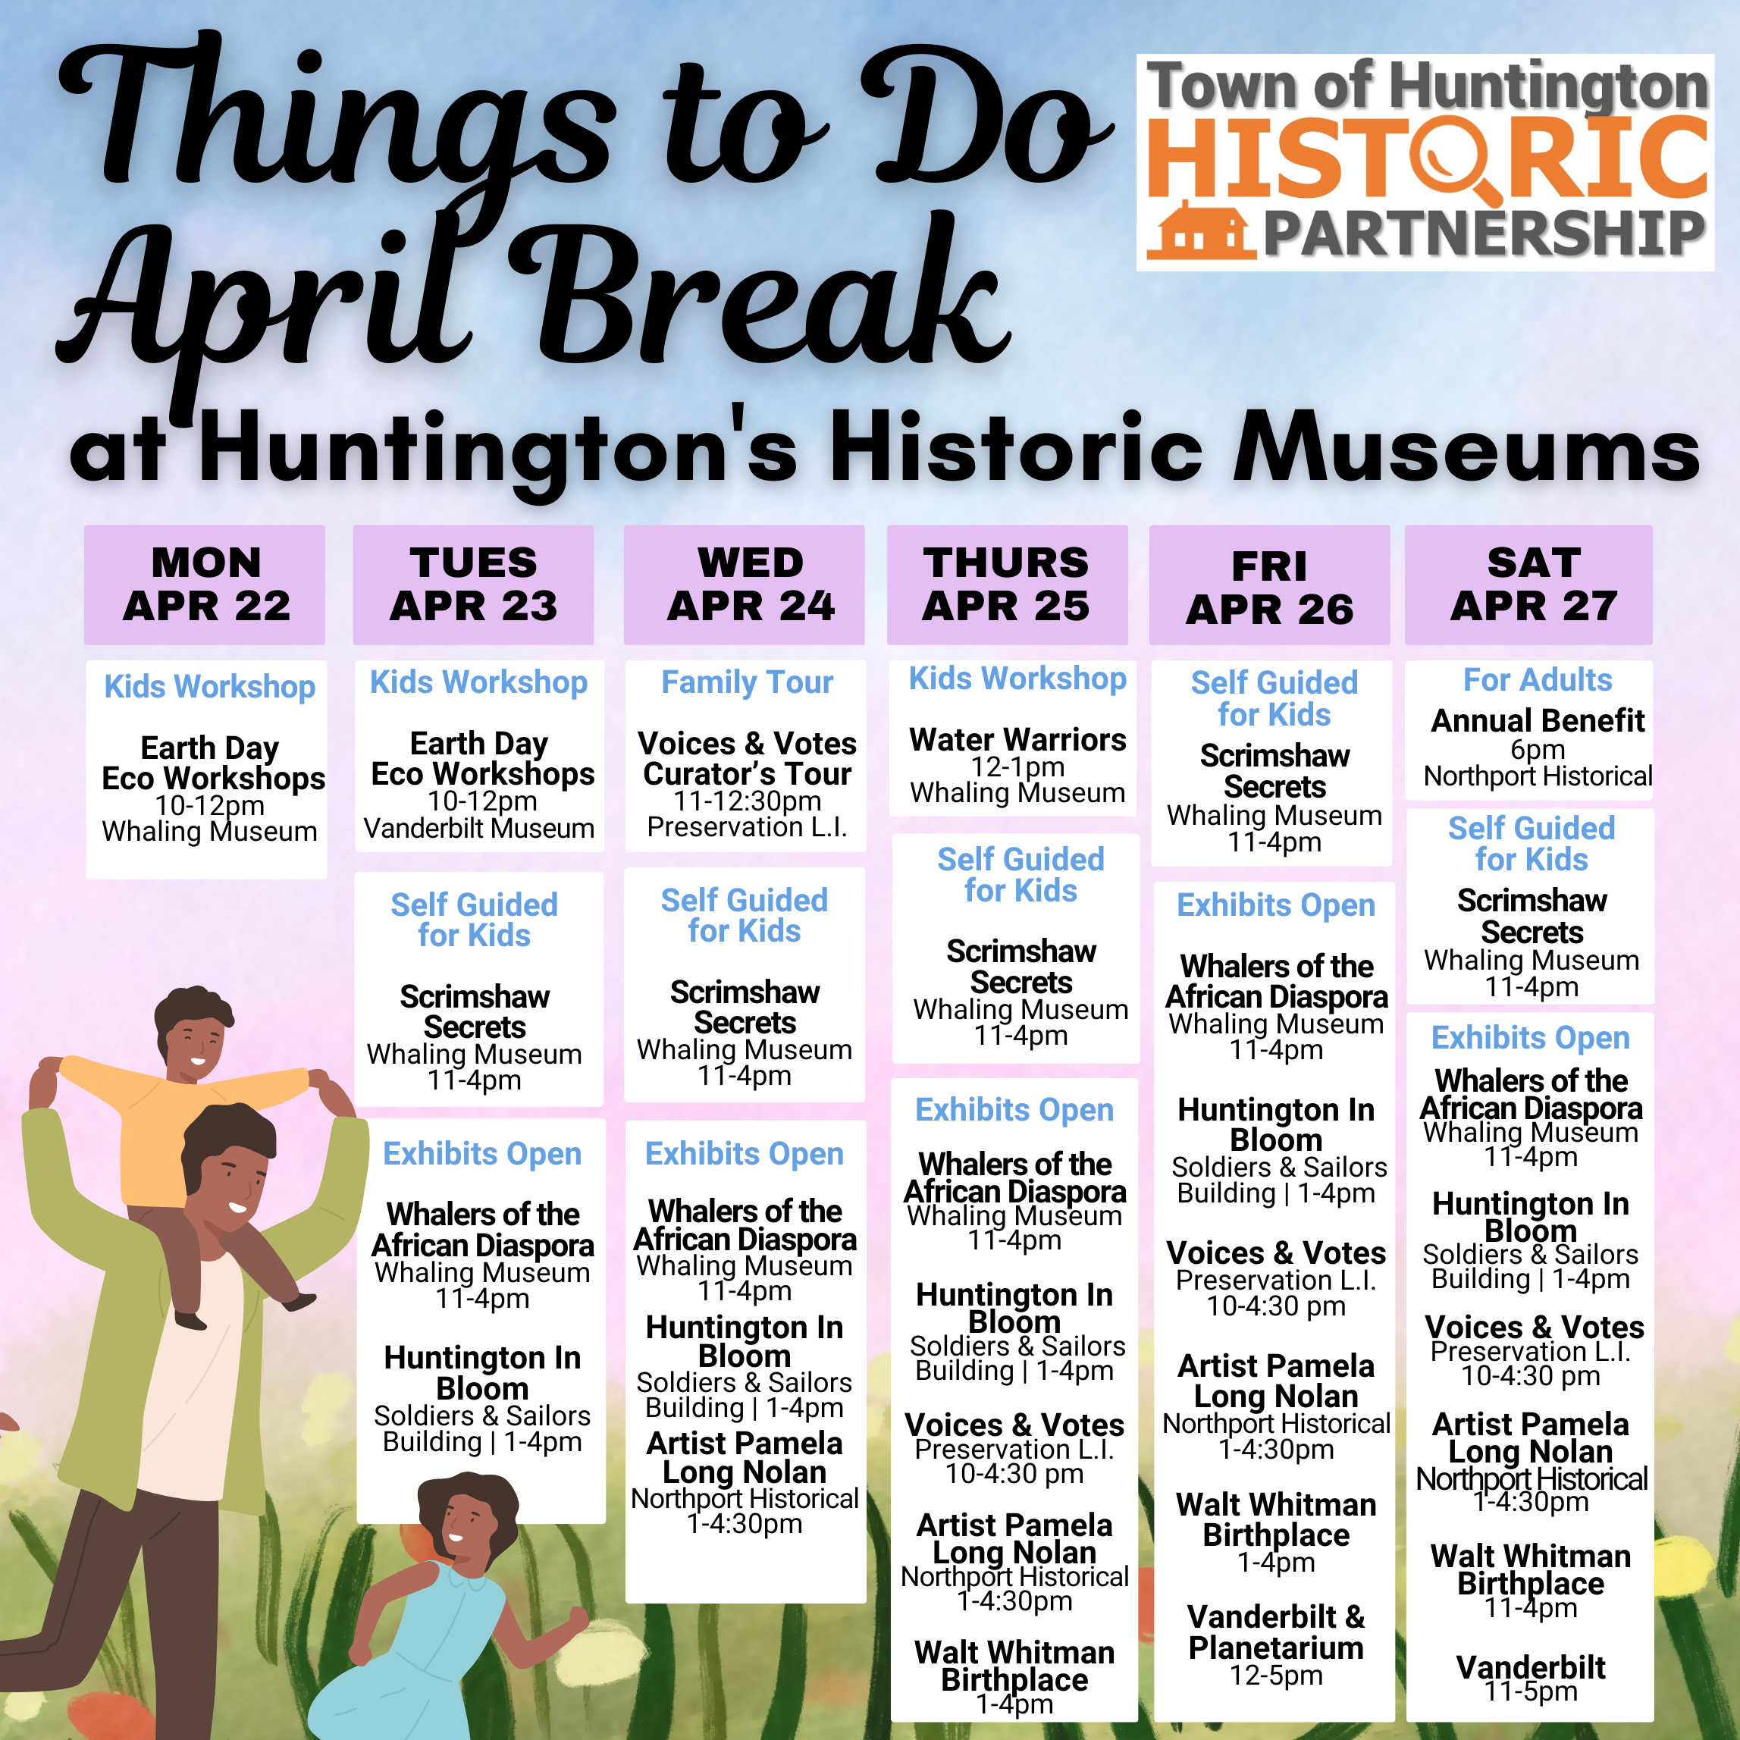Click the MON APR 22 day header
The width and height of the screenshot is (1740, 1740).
(205, 585)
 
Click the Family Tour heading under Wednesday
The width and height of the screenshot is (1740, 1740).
(747, 682)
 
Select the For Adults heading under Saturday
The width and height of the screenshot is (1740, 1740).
(1538, 679)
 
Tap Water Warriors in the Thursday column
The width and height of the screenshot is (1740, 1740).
(1017, 739)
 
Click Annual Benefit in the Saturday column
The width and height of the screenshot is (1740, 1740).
(1538, 720)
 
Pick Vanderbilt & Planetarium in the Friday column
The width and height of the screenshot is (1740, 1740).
(1275, 1632)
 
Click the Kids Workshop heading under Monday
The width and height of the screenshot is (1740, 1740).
(210, 686)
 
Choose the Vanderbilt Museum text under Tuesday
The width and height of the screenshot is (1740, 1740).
(479, 828)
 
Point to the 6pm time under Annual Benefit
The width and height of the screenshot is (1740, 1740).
(1538, 749)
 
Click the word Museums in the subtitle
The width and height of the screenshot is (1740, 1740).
(1466, 447)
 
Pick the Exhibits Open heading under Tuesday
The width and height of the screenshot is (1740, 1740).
(482, 1154)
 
